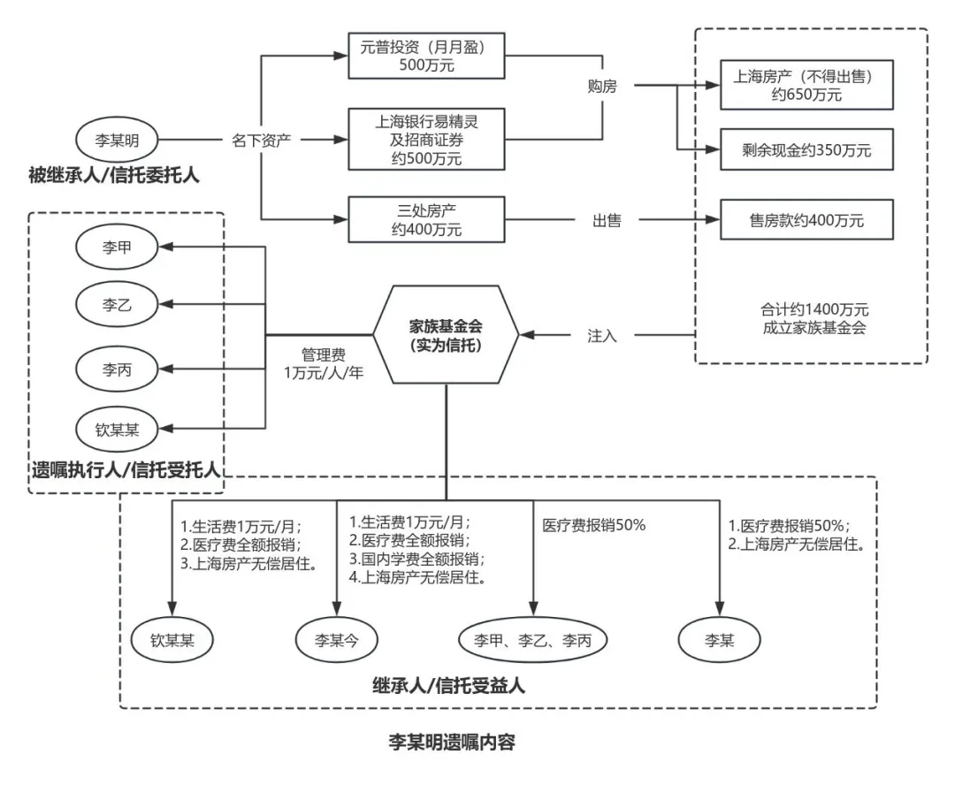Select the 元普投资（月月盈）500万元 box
click(426, 55)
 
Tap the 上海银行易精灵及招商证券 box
click(426, 139)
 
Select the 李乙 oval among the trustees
click(118, 305)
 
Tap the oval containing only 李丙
click(118, 367)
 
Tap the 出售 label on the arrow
click(607, 221)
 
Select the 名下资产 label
click(261, 140)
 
